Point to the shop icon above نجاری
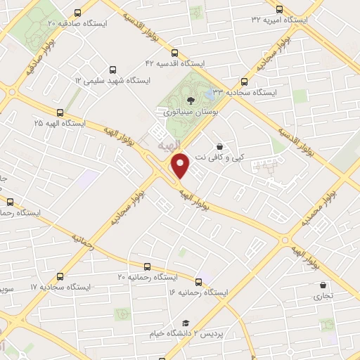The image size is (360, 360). click(x=323, y=285)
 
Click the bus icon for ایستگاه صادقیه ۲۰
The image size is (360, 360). click(x=76, y=13)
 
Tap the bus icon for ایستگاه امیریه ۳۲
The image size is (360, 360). click(x=280, y=10)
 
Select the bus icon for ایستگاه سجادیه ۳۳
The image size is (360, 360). click(x=244, y=82)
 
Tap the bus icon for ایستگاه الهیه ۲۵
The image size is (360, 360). click(x=60, y=112)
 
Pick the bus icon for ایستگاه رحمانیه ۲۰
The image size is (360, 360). click(x=147, y=266)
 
